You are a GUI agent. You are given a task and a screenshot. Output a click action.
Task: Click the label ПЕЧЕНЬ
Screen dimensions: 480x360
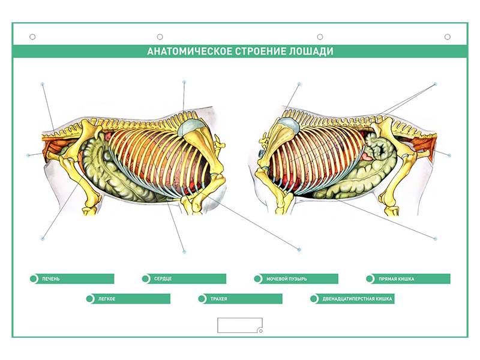coord(51,279)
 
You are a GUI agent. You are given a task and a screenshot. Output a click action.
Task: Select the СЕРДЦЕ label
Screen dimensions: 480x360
coord(163,279)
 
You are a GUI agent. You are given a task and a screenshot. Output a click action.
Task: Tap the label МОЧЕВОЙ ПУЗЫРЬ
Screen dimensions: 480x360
coord(287,279)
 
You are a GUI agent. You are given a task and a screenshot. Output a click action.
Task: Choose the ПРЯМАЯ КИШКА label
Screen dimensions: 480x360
coord(397,279)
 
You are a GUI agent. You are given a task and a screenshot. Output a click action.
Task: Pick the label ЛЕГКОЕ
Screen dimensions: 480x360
coord(107,299)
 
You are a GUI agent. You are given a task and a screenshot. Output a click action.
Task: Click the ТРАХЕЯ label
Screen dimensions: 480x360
coord(218,299)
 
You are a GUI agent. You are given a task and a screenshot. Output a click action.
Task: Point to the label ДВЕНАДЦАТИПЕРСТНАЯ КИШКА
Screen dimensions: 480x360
coord(357,299)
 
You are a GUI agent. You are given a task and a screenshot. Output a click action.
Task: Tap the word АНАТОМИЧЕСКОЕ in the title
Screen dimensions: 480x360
coord(190,51)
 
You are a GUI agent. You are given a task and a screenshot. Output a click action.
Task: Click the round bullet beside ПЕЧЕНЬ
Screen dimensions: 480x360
coord(34,279)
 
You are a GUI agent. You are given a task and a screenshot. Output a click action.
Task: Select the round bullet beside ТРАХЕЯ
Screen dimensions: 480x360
coord(202,299)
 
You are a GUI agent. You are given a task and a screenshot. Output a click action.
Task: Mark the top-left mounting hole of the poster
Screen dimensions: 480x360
coord(32,37)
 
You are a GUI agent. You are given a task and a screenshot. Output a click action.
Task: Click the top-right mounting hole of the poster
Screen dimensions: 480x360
coord(448,37)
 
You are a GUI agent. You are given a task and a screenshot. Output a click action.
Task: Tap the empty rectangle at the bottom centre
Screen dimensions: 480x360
coord(240,325)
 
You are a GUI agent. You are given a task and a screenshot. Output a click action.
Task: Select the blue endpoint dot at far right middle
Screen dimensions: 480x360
coord(449,155)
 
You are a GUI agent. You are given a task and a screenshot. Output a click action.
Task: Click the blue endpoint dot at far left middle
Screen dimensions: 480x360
coord(28,155)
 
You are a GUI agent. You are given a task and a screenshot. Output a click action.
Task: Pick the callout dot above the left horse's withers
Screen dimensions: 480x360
coord(184,82)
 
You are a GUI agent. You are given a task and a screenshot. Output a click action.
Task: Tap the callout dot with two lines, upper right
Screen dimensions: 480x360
coord(436,84)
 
